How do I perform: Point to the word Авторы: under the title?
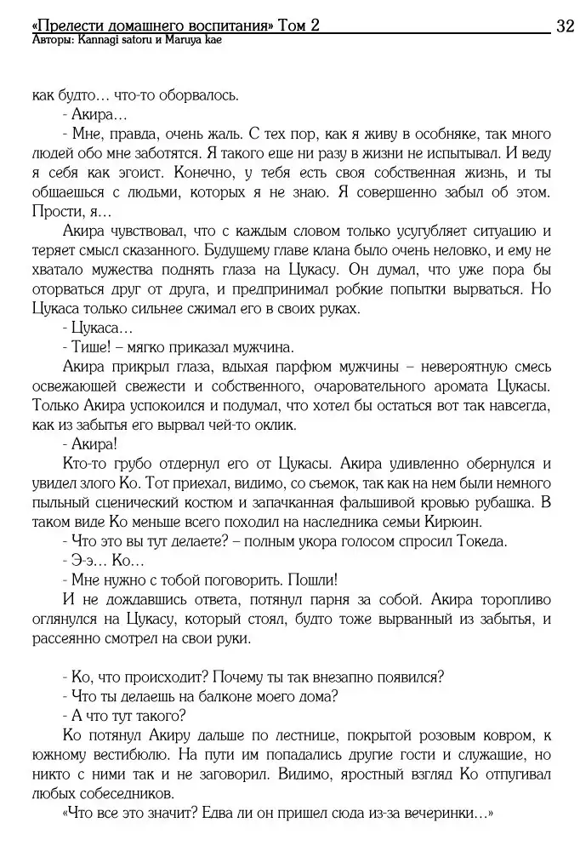coord(49,39)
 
